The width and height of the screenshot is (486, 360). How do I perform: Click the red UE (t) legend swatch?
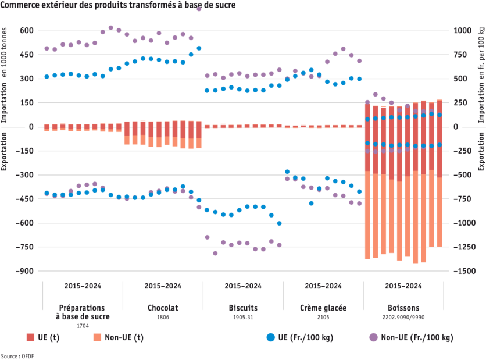coord(31,337)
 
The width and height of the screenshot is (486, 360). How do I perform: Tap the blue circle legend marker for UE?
coord(271,337)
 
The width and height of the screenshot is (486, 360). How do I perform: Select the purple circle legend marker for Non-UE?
coord(373,337)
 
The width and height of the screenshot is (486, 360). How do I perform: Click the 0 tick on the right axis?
coord(456,126)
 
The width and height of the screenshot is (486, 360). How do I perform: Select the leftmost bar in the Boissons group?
coord(367,181)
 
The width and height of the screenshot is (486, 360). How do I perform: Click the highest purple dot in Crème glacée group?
coord(343,49)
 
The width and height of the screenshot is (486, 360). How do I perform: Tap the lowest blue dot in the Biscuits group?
coord(279,223)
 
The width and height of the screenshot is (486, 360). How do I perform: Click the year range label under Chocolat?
coord(162,286)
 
